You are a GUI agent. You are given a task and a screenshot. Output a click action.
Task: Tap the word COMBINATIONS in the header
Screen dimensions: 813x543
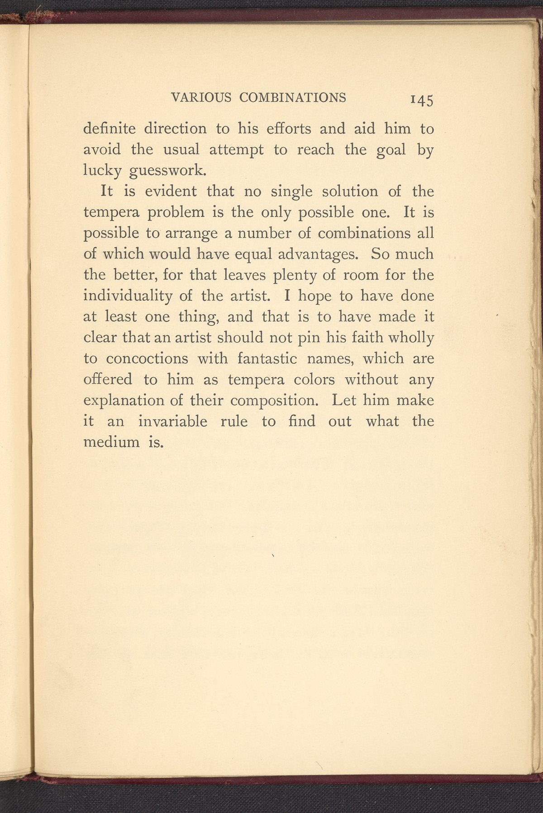292,97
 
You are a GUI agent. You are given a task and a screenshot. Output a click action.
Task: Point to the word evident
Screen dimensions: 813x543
171,192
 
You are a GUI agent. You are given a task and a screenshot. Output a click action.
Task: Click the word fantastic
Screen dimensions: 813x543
267,359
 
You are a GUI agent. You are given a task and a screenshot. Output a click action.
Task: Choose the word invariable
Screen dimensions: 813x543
172,422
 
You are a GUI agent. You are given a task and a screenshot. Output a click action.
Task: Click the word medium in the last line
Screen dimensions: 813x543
112,442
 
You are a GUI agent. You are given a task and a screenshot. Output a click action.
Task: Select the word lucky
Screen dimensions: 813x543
102,170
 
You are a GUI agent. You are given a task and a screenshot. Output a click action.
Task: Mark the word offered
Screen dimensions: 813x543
108,380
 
